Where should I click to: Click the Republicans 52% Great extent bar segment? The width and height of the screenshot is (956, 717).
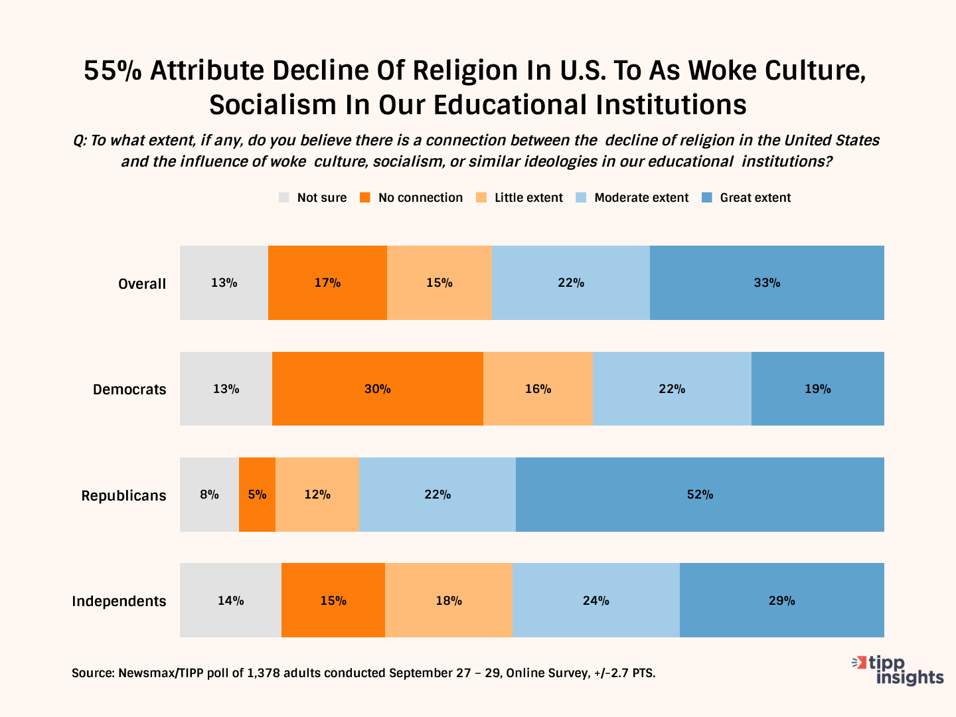coord(700,495)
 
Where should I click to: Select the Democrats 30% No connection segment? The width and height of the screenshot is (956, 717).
coord(377,389)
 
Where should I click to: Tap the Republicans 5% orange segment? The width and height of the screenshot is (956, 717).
coord(257,495)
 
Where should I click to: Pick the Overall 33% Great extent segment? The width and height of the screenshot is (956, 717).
coord(767,283)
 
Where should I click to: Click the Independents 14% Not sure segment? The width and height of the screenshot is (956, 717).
coord(230,601)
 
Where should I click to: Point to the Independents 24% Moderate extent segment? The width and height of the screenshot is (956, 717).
coord(596,601)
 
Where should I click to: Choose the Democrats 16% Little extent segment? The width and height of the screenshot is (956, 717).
coord(538,389)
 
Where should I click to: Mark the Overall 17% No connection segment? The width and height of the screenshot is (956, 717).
coord(327,283)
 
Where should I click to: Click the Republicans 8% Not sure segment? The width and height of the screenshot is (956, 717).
coord(209,495)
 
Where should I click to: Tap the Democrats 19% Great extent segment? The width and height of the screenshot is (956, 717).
coord(817,389)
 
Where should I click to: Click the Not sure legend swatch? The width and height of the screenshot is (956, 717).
coord(284,198)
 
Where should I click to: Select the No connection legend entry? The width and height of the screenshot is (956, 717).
coord(420,198)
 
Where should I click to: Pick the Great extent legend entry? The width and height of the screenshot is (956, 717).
coord(755,198)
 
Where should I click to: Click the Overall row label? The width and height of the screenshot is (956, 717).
coord(142,284)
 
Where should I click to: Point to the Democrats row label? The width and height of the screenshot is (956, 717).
coord(129,390)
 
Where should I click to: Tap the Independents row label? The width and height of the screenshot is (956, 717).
coord(119,601)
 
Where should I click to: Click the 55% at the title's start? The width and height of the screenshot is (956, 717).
coord(112,71)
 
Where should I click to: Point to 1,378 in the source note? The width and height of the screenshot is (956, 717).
coord(264,673)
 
